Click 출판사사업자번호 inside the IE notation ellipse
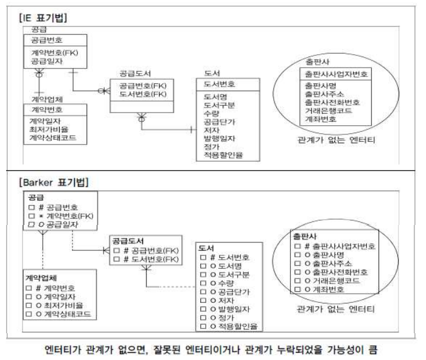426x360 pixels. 335,75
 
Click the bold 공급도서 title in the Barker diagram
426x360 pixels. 127,241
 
